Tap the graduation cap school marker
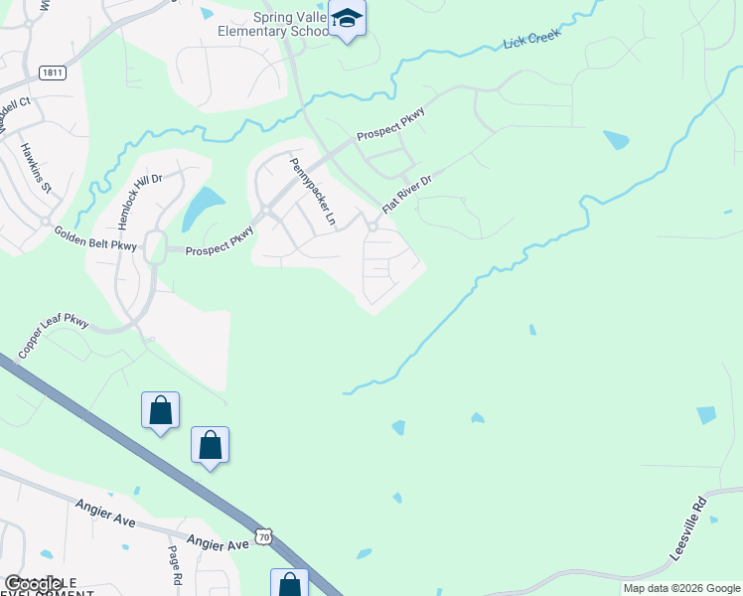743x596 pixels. (348, 19)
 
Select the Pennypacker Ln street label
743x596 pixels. (312, 189)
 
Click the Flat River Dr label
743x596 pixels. (408, 192)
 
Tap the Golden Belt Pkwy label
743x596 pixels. (95, 239)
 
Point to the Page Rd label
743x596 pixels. (176, 565)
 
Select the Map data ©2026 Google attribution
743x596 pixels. (680, 588)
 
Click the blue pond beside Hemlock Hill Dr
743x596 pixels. (204, 208)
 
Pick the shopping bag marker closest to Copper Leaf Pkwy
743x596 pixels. (161, 410)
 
